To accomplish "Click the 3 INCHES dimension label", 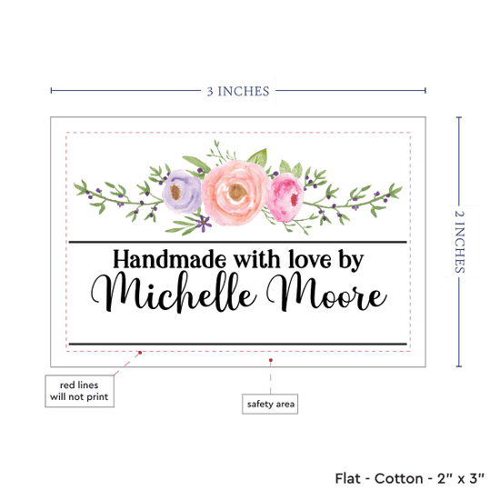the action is coord(238,91).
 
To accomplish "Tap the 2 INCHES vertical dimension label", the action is coord(459,242).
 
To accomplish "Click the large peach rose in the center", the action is coord(235,193).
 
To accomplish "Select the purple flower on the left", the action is coord(182,191).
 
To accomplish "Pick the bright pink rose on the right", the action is coord(285,197).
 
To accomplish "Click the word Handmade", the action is coord(169,259).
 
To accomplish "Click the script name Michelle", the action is coord(174,293).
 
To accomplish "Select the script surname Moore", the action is coord(326,292).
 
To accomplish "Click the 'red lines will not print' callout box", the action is coord(79,391).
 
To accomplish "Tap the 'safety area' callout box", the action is coord(270,404).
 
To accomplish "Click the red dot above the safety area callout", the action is coord(270,360).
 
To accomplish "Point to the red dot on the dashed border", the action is coord(140,353).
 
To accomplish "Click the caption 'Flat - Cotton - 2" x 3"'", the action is coord(409,478).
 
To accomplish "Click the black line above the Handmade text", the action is coord(238,243).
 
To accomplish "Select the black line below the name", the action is coord(238,344).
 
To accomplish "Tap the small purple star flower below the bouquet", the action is coord(203,223).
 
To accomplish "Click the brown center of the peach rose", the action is coord(237,193).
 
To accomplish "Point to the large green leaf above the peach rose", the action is coord(257,157).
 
